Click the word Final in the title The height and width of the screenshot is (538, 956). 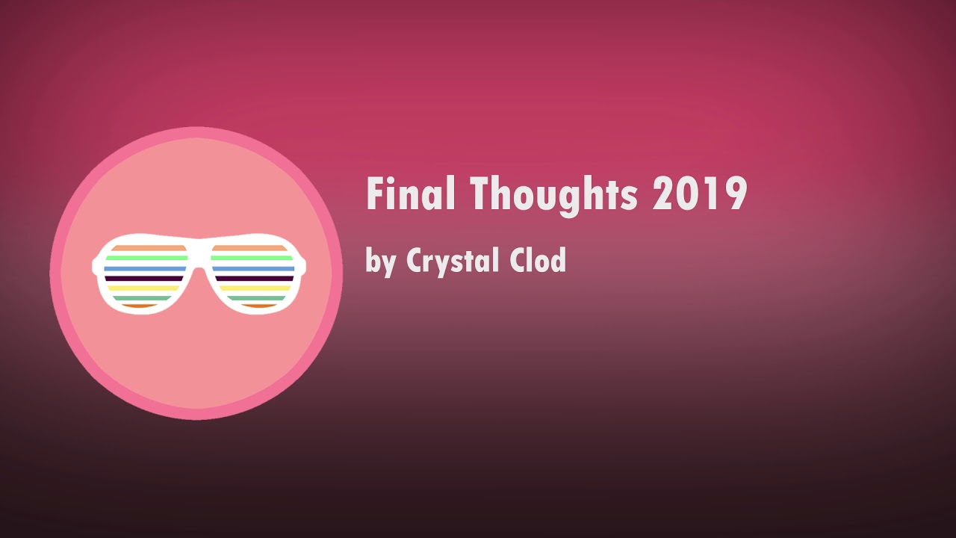[411, 193]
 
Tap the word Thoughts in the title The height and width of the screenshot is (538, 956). [554, 197]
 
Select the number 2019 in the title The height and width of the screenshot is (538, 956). [700, 194]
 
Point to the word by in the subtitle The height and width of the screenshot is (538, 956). [381, 262]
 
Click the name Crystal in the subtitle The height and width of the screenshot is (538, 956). [453, 261]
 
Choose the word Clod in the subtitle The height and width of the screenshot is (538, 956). [538, 259]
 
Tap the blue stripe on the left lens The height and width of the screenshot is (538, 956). [145, 269]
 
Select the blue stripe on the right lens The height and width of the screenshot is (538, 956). [253, 269]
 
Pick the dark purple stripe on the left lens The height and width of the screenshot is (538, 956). [144, 279]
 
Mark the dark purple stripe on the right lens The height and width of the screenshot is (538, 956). [255, 279]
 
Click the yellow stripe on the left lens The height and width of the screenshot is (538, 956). [143, 288]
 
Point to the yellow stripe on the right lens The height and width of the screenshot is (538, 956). [255, 288]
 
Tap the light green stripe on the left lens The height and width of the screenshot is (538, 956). [146, 258]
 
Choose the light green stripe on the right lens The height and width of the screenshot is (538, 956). [252, 258]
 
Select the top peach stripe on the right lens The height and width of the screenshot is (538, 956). [249, 248]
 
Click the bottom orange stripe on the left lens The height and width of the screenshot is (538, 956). [140, 306]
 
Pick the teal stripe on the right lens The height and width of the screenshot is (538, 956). [256, 298]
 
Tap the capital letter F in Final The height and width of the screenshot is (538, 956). [374, 193]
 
